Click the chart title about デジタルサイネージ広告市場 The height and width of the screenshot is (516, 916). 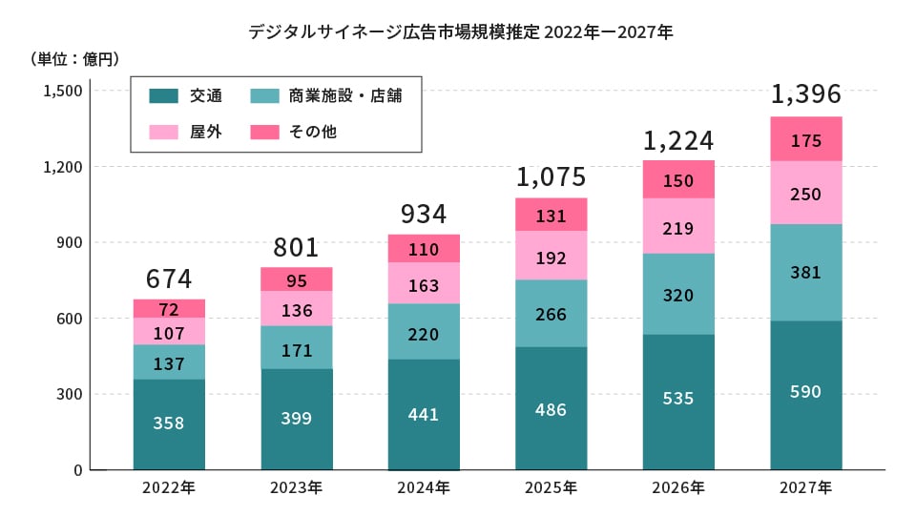click(461, 31)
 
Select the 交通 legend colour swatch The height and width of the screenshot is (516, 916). click(164, 96)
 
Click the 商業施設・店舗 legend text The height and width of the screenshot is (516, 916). click(344, 96)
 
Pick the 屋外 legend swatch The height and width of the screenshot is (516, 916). click(164, 132)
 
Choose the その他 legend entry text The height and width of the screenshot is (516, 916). click(313, 132)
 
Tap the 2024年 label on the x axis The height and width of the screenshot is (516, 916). click(424, 488)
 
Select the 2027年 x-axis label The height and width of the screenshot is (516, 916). click(806, 488)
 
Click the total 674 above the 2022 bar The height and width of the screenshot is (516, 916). click(169, 279)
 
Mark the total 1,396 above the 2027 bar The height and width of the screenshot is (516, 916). click(806, 94)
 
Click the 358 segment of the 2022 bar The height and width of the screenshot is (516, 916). click(169, 423)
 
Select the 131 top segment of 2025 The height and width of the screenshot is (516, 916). click(552, 215)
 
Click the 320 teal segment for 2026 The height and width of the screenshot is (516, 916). click(678, 295)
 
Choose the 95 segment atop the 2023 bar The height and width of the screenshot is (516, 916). click(297, 279)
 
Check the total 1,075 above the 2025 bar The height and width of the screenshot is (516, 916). click(552, 176)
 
